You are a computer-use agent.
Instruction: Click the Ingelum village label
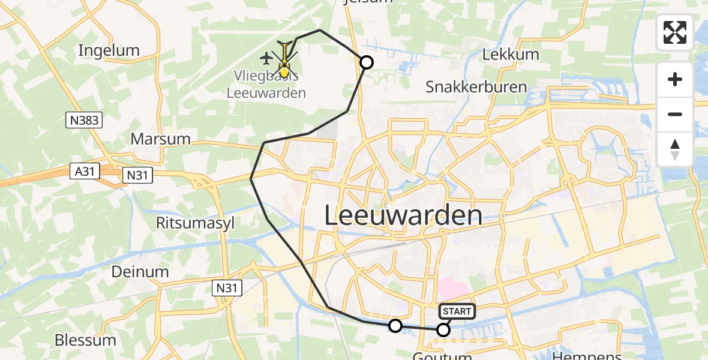pyautogui.click(x=109, y=50)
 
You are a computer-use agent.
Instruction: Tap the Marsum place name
pyautogui.click(x=160, y=139)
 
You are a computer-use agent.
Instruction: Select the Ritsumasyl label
pyautogui.click(x=187, y=223)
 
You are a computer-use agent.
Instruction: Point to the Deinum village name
pyautogui.click(x=140, y=272)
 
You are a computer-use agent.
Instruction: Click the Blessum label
pyautogui.click(x=85, y=340)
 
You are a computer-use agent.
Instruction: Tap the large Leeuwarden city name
pyautogui.click(x=403, y=215)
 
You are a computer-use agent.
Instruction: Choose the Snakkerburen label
pyautogui.click(x=476, y=87)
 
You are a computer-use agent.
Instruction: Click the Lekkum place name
pyautogui.click(x=511, y=55)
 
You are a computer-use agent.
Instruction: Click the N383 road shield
pyautogui.click(x=84, y=121)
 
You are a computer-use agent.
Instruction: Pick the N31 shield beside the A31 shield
pyautogui.click(x=138, y=175)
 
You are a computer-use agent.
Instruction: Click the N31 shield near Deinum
pyautogui.click(x=227, y=289)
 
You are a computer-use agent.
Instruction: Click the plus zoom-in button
pyautogui.click(x=675, y=80)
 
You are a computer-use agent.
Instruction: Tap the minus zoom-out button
pyautogui.click(x=675, y=114)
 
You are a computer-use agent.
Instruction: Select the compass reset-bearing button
pyautogui.click(x=675, y=149)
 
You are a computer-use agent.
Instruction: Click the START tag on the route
pyautogui.click(x=457, y=311)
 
